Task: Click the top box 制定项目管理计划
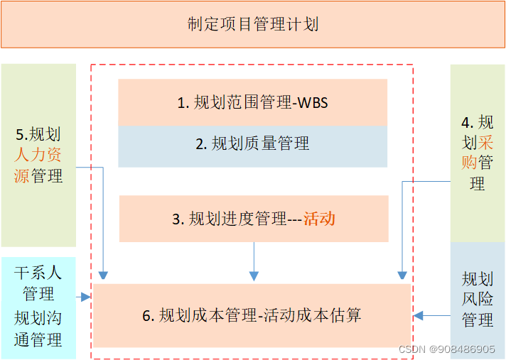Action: [253, 25]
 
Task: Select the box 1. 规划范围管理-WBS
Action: [252, 102]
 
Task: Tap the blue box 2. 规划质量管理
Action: [252, 144]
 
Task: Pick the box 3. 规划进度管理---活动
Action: [253, 219]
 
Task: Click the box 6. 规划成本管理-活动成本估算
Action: [252, 315]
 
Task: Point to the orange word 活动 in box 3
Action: [319, 219]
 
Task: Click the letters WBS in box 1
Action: [312, 103]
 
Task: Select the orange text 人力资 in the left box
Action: [38, 155]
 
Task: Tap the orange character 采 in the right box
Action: [486, 142]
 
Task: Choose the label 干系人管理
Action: [38, 283]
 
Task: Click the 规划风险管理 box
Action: [478, 299]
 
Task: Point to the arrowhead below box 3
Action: [254, 276]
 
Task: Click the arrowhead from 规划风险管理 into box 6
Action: [419, 315]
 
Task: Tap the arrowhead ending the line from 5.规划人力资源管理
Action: [104, 275]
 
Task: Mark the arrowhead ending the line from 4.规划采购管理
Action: [402, 275]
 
